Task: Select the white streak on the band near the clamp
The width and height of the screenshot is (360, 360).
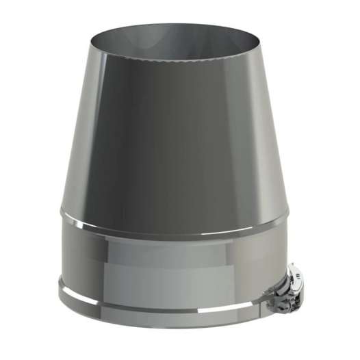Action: [x=263, y=296]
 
